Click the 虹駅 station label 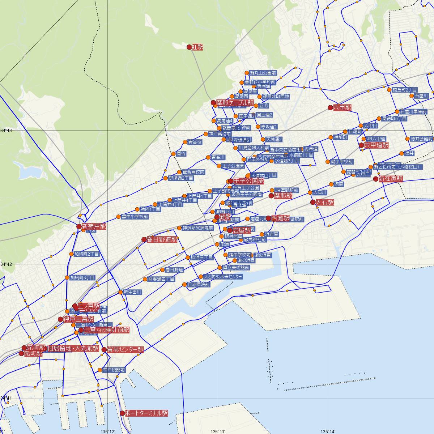197,47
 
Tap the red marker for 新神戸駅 79,226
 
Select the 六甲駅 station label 342,107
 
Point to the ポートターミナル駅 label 147,413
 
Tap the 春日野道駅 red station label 162,239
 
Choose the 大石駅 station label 325,202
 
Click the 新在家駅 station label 391,179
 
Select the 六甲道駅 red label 376,145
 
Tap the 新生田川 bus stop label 132,292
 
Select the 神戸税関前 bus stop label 114,370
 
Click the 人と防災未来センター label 223,276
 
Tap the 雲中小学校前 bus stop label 135,217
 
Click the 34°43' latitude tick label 7,130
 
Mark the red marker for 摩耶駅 271,196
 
